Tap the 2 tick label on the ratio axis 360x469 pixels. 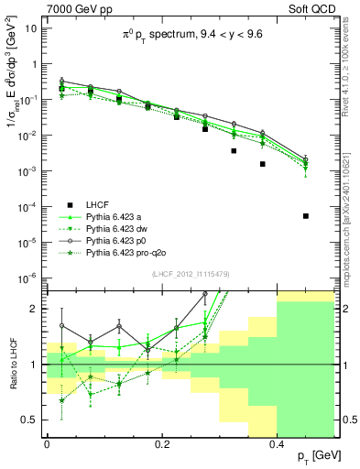click(x=36, y=309)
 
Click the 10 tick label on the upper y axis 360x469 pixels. click(x=30, y=28)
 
